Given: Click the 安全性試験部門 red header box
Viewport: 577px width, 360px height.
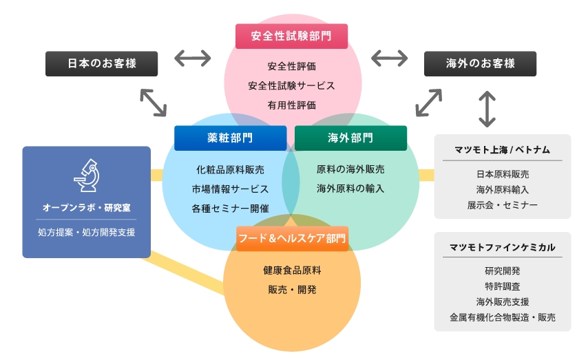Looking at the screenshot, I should point(291,36).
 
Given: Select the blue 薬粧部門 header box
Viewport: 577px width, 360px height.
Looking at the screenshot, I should point(230,138).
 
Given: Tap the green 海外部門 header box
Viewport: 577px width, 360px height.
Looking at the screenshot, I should point(350,138).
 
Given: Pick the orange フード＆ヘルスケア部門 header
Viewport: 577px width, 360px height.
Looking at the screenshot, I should point(292,238).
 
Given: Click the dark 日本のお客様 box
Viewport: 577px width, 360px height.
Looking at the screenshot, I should point(102,63).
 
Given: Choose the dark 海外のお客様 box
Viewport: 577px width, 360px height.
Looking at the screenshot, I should point(480,63).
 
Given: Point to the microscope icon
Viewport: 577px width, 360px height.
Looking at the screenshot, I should point(86,175).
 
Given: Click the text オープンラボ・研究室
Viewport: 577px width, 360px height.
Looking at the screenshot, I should point(86,207).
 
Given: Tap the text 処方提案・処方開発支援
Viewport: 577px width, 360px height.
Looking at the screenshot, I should point(86,232).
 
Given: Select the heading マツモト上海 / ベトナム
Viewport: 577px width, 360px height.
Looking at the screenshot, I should point(503,149).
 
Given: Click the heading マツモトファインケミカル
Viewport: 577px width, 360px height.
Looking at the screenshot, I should point(503,247).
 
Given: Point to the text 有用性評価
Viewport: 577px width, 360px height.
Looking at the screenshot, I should point(291,105).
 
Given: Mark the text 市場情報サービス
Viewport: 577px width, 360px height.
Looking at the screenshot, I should point(230,189).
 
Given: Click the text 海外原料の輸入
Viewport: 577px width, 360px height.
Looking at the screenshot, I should point(350,188).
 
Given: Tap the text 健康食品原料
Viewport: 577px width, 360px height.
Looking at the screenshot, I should point(292,270).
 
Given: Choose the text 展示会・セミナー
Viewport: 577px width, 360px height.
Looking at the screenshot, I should point(503,204).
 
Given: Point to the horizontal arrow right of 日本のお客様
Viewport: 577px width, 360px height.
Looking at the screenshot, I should point(192,59).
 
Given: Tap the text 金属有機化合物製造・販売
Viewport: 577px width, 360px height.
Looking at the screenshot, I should point(503,318).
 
